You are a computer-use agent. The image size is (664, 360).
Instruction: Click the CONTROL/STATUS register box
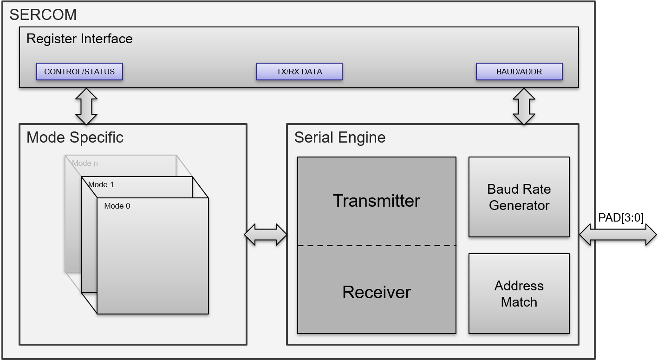coord(79,72)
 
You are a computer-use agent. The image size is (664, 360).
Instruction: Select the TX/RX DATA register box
coord(299,72)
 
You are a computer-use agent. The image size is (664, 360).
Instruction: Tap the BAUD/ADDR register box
coord(519,72)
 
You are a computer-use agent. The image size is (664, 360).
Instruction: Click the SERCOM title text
coord(43,15)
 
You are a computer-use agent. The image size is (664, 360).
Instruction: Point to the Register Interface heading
coord(79,39)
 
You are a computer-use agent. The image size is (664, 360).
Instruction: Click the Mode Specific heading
coord(75,137)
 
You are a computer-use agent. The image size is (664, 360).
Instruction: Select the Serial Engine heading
coord(339,137)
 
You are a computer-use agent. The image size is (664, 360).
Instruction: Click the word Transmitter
coord(376,201)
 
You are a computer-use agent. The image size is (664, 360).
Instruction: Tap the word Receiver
coord(376,292)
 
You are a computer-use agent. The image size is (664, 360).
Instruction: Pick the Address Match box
coord(519,294)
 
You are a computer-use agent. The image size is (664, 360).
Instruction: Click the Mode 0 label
coord(117,206)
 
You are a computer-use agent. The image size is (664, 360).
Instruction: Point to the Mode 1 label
coord(101,185)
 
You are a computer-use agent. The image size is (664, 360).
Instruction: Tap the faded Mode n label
coord(85,164)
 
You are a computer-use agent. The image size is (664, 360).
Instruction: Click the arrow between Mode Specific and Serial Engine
coord(266,235)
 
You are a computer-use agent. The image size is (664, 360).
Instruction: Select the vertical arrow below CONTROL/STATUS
coord(86,106)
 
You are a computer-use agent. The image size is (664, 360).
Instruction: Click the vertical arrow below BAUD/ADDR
coord(524,106)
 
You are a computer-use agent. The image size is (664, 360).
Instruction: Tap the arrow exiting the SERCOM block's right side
coord(617,235)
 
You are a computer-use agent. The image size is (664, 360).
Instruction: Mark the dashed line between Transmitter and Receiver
coord(376,245)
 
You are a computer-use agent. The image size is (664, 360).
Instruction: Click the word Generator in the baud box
coord(519,205)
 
